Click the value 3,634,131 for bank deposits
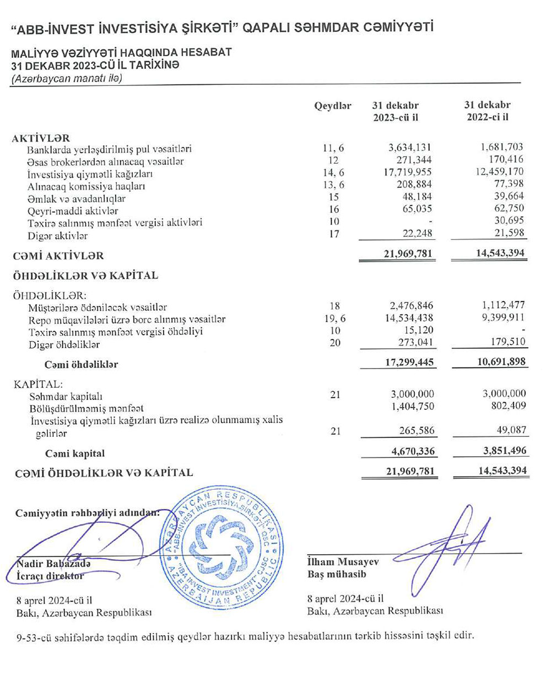click(x=409, y=148)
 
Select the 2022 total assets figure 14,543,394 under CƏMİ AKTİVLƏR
click(x=489, y=253)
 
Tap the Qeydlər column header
click(x=333, y=106)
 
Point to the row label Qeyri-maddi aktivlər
click(x=73, y=211)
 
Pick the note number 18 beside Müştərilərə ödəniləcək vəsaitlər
click(x=334, y=306)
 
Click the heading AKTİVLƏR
click(x=41, y=138)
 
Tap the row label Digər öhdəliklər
click(x=64, y=345)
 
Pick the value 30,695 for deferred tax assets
click(x=509, y=220)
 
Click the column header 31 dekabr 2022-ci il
click(x=488, y=111)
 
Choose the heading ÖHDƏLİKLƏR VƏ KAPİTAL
click(x=85, y=275)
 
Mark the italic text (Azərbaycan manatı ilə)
click(x=67, y=78)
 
